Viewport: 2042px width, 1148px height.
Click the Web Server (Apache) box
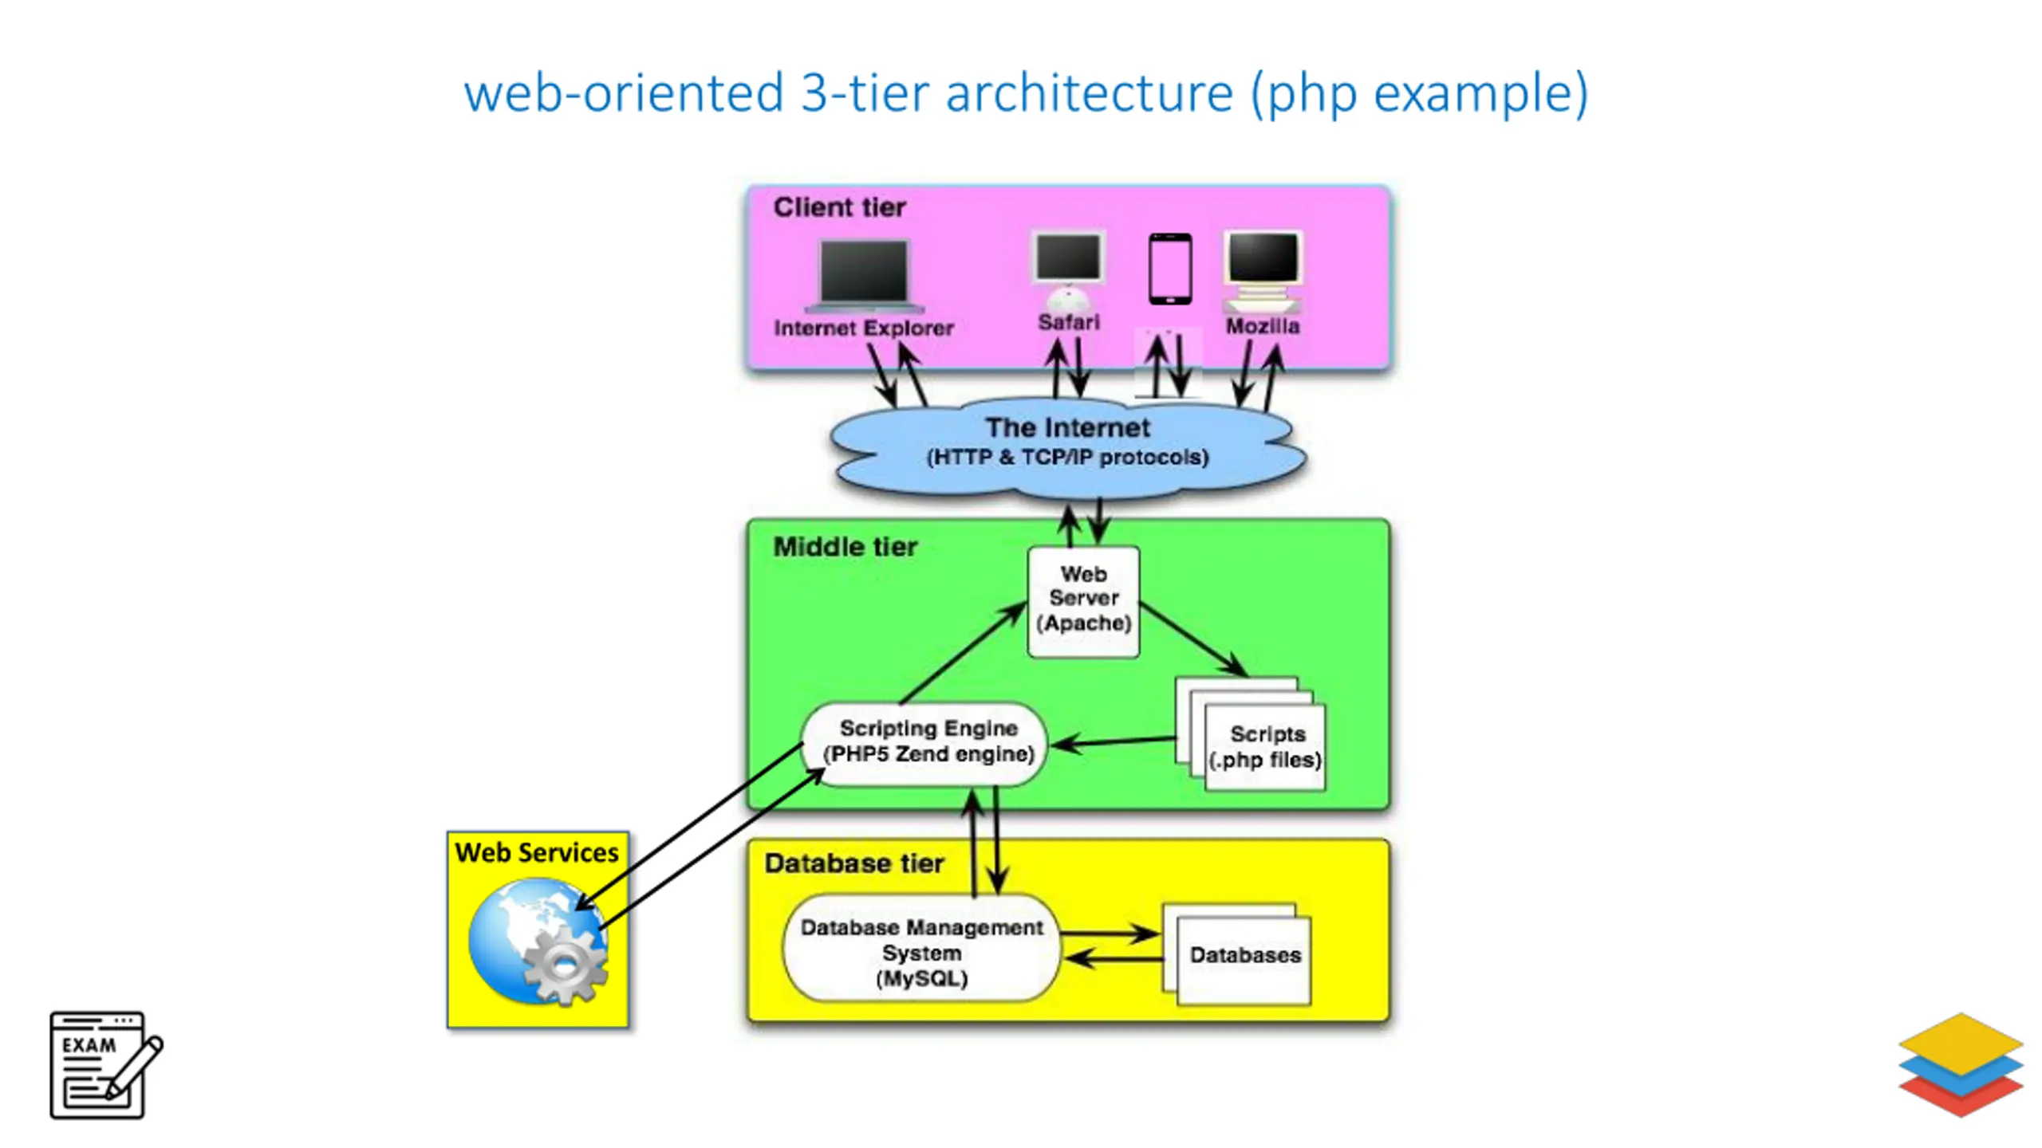1083,601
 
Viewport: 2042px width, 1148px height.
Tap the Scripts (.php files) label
1266,746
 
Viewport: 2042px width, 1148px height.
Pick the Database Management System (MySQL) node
921,947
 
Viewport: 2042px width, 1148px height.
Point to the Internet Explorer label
864,328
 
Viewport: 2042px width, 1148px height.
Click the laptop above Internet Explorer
865,276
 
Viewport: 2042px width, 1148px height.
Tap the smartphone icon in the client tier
1170,269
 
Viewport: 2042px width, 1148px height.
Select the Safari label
1069,322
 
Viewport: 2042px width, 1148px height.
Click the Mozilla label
1263,326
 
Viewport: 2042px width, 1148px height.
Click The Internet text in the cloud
1068,427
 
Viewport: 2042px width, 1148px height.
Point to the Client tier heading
840,207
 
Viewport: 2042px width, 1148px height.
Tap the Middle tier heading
846,547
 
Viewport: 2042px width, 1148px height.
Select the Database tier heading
854,863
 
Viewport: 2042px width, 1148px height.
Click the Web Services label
537,853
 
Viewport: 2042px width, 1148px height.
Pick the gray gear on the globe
565,965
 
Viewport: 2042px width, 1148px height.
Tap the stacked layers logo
1961,1065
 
